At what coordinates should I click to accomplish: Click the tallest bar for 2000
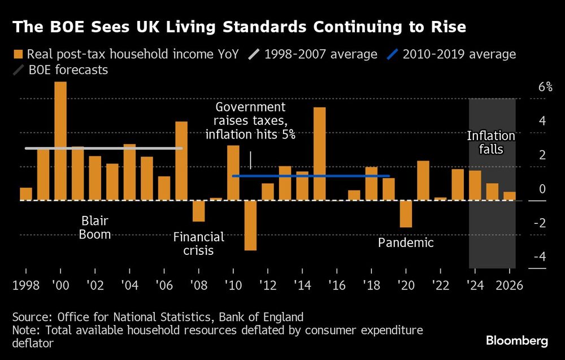(60, 141)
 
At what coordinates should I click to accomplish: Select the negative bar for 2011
(250, 225)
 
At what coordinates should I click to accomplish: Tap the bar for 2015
(319, 154)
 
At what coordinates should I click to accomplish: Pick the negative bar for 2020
(406, 214)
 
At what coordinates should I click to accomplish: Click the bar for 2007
(181, 161)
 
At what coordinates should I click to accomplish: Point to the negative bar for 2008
(198, 211)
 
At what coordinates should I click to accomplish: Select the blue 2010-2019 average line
(311, 176)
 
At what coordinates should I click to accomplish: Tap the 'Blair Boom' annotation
(95, 227)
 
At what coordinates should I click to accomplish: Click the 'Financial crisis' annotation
(198, 243)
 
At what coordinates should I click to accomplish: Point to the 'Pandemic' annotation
(406, 243)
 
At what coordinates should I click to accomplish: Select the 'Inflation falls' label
(491, 143)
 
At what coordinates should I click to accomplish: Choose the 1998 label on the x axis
(26, 285)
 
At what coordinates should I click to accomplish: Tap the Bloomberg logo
(516, 341)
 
